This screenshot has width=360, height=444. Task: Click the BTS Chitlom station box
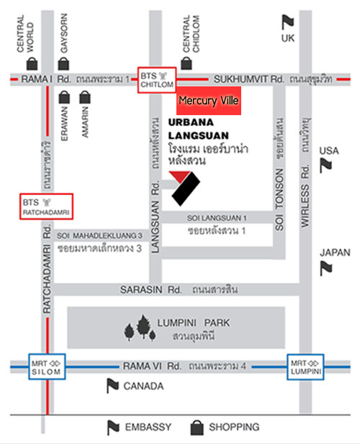tap(157, 80)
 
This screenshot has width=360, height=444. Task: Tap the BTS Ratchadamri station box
tap(47, 207)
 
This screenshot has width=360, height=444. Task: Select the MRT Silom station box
tap(47, 367)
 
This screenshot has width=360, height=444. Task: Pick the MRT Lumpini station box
tap(305, 367)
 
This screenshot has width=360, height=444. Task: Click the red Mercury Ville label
tap(209, 101)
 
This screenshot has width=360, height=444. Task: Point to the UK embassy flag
tap(288, 22)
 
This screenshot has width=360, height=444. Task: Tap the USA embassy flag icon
tap(325, 166)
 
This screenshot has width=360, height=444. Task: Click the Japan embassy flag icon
tap(326, 268)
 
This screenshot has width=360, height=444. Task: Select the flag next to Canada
tap(112, 386)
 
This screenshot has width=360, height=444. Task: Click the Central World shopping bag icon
tap(32, 64)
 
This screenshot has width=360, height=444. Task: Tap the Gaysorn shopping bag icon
tap(63, 64)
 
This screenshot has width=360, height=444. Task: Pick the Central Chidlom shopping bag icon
tap(186, 63)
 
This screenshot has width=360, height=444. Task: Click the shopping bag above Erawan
tap(64, 97)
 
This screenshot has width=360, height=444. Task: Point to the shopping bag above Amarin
tap(85, 97)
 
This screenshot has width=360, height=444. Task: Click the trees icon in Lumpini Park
tap(140, 328)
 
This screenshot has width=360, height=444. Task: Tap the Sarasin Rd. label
tap(151, 290)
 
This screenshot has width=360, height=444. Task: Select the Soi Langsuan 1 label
tap(217, 218)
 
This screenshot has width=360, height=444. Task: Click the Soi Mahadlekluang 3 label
tap(99, 235)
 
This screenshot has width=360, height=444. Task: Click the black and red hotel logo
tap(184, 189)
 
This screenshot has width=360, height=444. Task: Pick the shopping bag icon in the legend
tap(197, 427)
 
